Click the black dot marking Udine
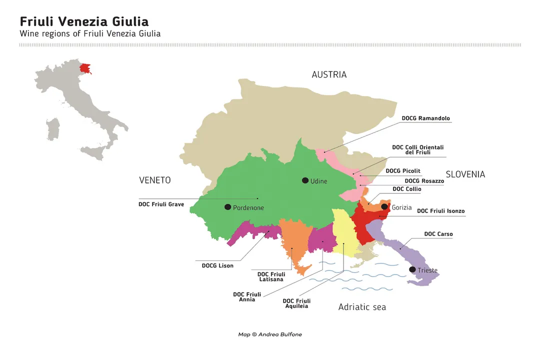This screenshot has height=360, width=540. click(305, 180)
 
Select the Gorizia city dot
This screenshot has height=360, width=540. click(384, 206)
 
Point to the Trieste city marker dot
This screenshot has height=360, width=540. click(412, 269)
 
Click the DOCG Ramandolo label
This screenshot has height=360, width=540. click(425, 118)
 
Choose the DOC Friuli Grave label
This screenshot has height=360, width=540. click(161, 204)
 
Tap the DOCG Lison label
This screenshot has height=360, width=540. click(217, 265)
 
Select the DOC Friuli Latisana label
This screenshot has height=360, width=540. click(271, 276)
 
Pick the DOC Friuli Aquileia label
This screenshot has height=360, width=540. click(296, 303)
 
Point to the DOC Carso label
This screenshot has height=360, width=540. click(438, 234)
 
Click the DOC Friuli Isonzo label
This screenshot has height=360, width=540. click(440, 211)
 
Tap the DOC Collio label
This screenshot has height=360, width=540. click(406, 189)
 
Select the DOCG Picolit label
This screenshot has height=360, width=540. click(402, 171)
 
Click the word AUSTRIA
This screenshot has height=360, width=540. click(328, 74)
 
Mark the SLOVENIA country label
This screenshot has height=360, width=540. click(465, 174)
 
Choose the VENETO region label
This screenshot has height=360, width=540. click(154, 180)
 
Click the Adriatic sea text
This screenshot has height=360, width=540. click(362, 307)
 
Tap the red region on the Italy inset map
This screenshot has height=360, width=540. click(85, 68)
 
